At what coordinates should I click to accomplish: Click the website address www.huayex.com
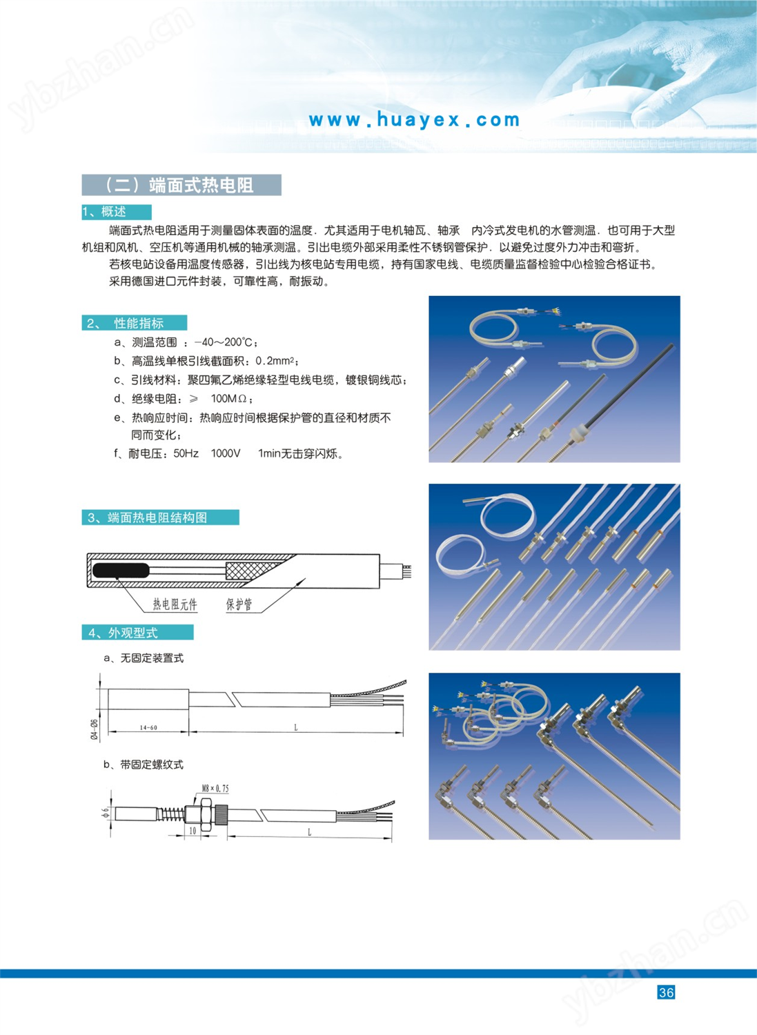414,120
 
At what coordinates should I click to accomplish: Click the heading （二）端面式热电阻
181,185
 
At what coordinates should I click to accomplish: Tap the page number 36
666,992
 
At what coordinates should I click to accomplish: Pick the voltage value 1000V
226,453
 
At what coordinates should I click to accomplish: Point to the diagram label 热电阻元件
175,604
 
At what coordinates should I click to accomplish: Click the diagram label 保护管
239,604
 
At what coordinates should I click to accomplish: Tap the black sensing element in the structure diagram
121,571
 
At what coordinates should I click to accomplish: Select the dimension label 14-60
148,727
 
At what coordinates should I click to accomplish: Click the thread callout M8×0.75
215,788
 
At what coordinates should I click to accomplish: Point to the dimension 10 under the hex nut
193,831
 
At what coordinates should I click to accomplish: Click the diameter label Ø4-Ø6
95,729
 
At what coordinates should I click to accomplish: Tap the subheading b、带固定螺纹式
144,765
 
